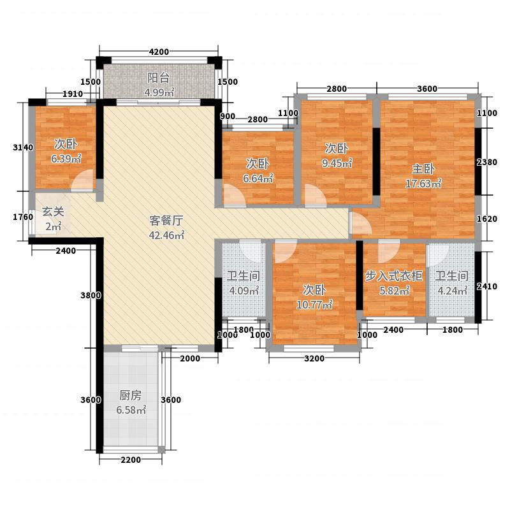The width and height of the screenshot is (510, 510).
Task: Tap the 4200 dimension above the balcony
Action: coord(159,52)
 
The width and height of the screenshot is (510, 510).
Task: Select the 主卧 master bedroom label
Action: coord(423,169)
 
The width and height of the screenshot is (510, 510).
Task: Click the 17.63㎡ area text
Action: coord(423,184)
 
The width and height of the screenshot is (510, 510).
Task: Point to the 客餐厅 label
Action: coord(166,221)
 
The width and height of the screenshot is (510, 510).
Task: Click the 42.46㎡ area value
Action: coord(166,235)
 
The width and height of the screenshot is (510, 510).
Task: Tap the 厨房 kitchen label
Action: coord(131,395)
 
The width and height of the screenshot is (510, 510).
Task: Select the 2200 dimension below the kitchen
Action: coord(131,460)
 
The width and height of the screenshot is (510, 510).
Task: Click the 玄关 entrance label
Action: coord(53,212)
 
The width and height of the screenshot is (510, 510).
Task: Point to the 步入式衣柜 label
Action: coord(394,276)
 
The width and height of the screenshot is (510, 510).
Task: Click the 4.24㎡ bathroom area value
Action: coord(453,290)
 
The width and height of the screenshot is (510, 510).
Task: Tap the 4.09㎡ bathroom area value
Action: coord(244,290)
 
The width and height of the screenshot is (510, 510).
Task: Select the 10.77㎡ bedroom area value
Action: coord(314,305)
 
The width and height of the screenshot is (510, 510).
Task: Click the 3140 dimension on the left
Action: coord(23,147)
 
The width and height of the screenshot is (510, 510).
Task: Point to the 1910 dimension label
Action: coord(73,94)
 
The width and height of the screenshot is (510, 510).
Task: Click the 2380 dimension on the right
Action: coord(487,162)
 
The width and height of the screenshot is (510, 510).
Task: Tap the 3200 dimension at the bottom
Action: coord(314,358)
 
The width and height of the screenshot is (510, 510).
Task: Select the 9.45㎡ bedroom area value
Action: coord(337,163)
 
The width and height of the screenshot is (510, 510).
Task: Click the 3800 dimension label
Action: coord(91,295)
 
